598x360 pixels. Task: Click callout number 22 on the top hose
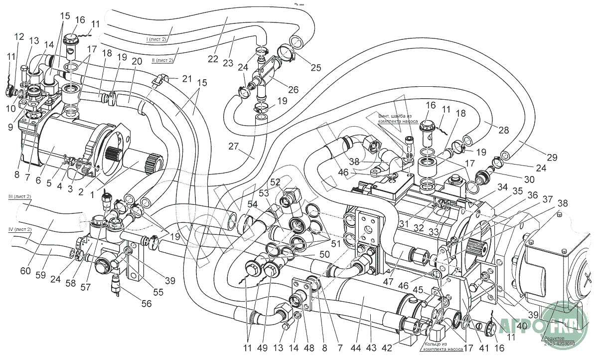(213, 59)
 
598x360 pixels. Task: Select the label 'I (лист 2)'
(156, 39)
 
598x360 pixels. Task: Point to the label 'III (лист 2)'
(19, 197)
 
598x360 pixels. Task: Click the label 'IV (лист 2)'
(19, 229)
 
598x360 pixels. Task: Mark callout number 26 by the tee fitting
(294, 90)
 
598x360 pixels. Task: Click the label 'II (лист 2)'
(162, 60)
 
